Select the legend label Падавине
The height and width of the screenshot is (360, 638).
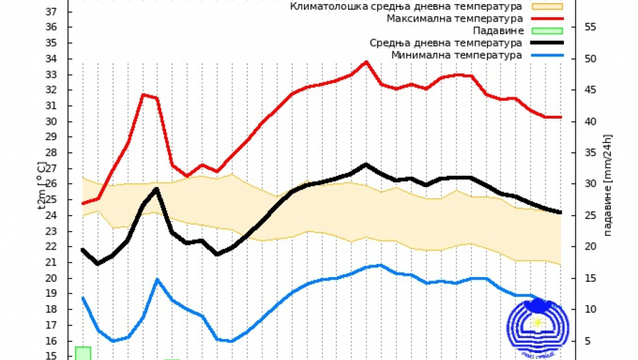click(x=498, y=31)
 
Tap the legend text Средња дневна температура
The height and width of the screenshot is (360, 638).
click(x=445, y=43)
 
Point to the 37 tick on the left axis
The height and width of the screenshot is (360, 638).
click(x=51, y=12)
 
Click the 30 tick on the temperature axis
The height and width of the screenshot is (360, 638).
click(x=51, y=121)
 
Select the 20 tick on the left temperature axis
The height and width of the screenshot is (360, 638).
click(x=51, y=278)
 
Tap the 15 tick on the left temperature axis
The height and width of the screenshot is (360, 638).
click(x=51, y=356)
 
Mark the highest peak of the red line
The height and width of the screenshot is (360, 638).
click(x=366, y=62)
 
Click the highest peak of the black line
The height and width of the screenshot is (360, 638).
click(x=366, y=165)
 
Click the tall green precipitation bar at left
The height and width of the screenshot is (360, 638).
click(x=83, y=353)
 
